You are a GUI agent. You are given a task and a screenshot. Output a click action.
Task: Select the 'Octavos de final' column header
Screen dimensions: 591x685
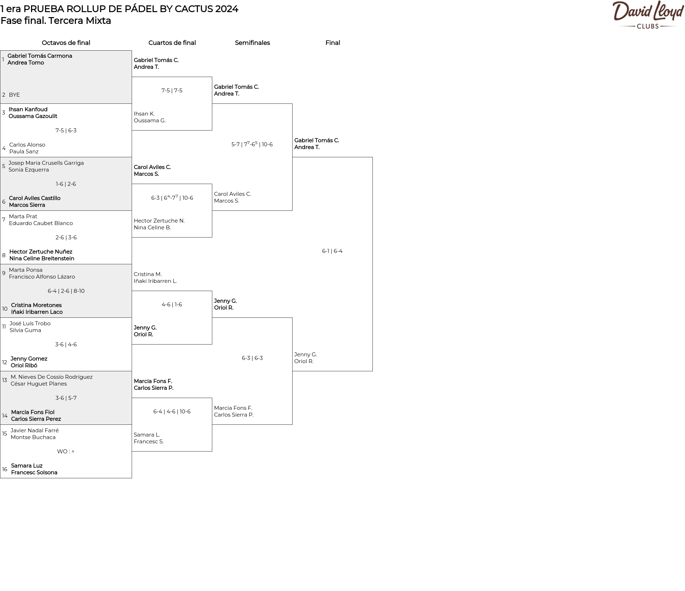66,43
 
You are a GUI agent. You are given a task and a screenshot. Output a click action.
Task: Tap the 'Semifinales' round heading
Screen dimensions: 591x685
252,43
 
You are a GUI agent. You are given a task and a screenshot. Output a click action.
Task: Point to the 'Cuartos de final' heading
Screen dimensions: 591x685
172,43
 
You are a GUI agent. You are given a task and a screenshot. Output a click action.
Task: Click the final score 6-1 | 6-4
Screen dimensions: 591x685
332,251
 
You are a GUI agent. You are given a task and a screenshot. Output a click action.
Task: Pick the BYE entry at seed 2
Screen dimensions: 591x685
14,95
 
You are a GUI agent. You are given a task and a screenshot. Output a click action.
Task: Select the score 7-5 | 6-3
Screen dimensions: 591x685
66,131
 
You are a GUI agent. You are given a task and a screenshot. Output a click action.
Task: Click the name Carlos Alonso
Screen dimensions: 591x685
27,145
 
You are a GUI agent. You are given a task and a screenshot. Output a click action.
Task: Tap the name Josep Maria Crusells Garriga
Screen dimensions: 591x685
46,163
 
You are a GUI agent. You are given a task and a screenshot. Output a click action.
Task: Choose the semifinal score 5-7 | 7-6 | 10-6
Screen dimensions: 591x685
252,144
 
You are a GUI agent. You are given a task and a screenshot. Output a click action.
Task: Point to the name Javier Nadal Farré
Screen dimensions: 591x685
35,430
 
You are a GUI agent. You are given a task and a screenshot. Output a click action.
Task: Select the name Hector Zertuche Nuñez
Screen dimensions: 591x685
41,252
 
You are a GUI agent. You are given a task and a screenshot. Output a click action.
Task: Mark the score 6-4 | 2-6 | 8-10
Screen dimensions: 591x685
66,291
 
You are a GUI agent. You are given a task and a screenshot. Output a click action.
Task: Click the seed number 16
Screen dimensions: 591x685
5,469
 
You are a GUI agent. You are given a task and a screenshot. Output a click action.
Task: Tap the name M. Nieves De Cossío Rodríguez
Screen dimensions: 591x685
51,377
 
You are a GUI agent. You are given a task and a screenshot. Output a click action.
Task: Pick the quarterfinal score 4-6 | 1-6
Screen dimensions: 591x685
172,305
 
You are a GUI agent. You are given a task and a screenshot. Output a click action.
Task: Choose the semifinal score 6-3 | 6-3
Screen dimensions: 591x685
252,358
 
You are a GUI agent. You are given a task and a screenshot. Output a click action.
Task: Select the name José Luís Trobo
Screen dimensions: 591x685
30,323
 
